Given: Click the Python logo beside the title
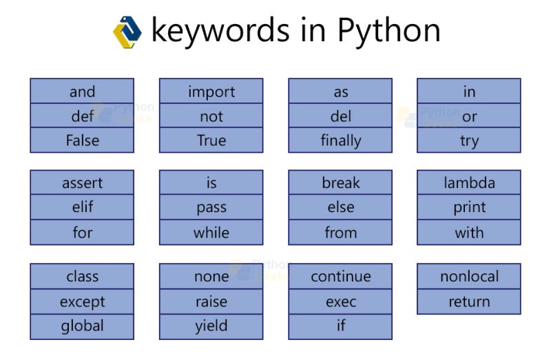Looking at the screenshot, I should tap(127, 32).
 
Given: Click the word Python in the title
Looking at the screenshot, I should tap(388, 31).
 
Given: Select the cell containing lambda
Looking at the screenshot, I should tap(469, 183).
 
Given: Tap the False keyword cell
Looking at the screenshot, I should tap(82, 140).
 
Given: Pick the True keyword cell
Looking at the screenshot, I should tap(211, 140).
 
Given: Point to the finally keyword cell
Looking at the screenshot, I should tap(340, 140).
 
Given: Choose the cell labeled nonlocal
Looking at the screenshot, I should tap(469, 277).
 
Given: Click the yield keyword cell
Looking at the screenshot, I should tap(211, 326).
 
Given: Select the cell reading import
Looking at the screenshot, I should tap(211, 92).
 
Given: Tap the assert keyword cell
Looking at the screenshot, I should tap(82, 183).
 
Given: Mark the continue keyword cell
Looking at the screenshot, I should tap(340, 277).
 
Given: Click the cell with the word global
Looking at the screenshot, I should tap(82, 326).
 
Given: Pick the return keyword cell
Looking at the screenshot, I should tap(469, 301).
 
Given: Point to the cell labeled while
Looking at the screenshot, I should tap(211, 233).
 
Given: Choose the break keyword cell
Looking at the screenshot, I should tap(340, 183).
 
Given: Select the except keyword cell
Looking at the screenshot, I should tap(82, 301).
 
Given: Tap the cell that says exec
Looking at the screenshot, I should tap(340, 301).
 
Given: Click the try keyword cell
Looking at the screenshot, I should tap(469, 140).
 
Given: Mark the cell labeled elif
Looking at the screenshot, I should tap(82, 207).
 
